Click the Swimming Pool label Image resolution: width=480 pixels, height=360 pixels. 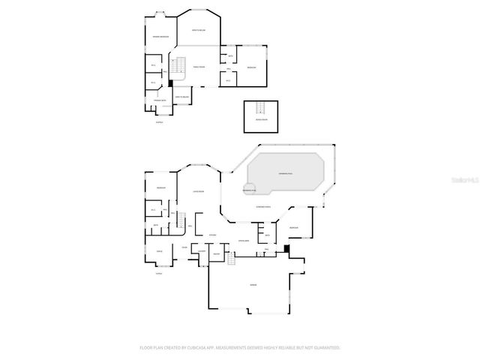click(x=286, y=173)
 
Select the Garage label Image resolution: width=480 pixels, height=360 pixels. click(x=253, y=286)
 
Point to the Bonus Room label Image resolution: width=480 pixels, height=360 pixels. click(x=259, y=119)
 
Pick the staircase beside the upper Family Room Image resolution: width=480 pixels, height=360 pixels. click(x=179, y=66)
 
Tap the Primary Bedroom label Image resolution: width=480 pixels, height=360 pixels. click(x=160, y=37)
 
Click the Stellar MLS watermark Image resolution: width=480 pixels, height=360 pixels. click(x=465, y=180)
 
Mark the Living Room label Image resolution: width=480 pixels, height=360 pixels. click(x=199, y=191)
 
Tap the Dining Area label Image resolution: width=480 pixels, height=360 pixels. click(x=243, y=240)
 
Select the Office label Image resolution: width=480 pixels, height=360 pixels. click(x=159, y=251)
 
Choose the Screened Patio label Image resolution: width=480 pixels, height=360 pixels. click(x=263, y=206)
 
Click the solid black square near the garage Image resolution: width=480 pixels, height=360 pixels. click(x=287, y=250)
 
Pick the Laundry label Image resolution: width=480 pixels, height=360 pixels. click(x=202, y=250)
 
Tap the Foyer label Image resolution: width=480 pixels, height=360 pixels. click(x=184, y=248)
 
